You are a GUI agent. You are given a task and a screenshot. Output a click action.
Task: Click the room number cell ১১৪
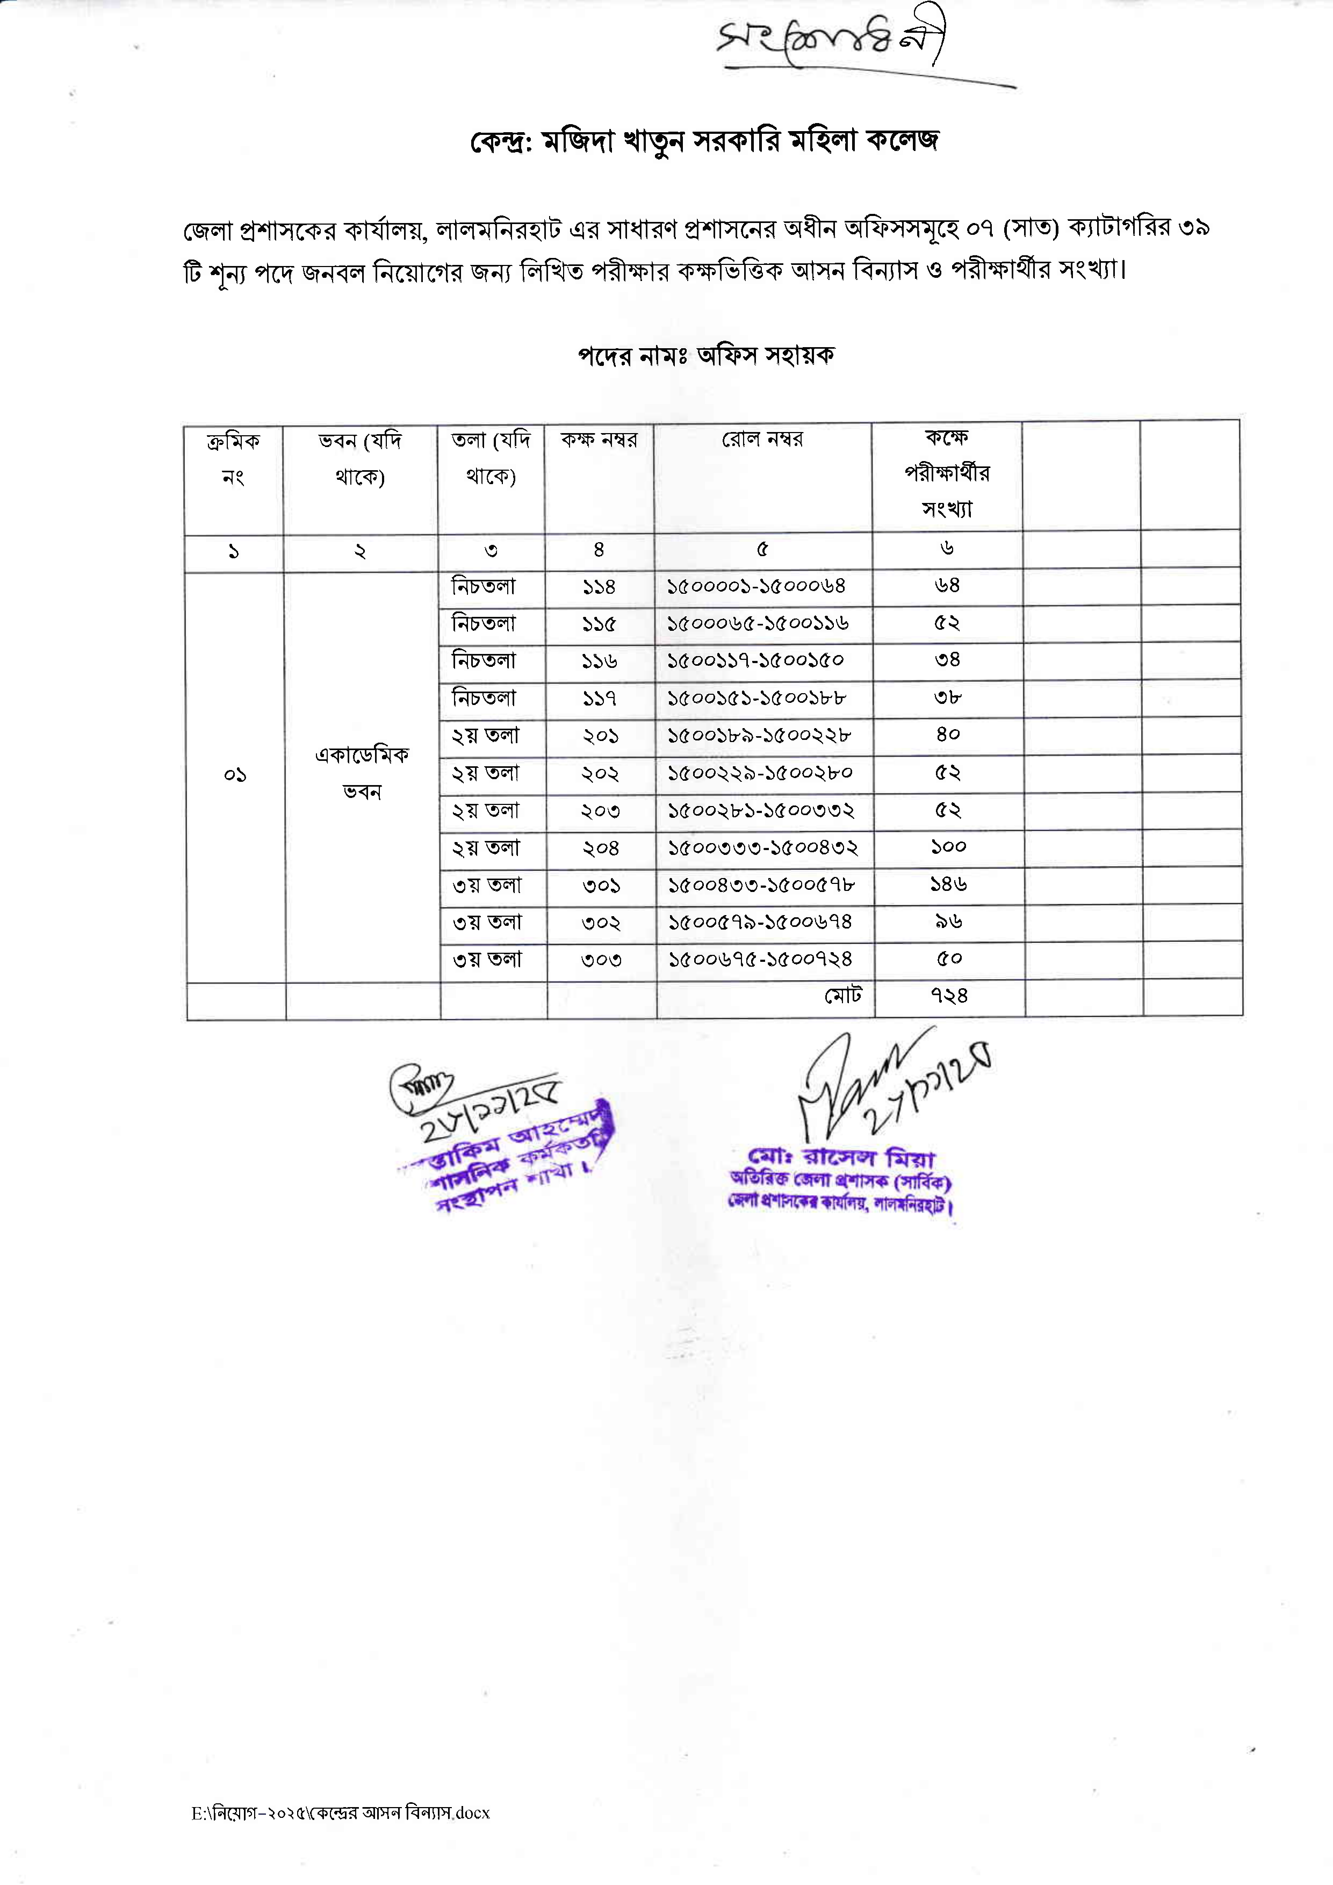pos(599,587)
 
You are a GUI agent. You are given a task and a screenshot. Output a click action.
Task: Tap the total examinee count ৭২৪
pos(949,996)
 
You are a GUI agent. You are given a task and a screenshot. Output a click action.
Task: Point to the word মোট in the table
pos(843,996)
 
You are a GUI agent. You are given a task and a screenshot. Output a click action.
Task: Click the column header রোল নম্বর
pos(762,440)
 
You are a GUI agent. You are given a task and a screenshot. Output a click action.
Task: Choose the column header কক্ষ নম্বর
pos(599,440)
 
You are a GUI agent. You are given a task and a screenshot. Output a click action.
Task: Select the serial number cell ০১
pos(235,775)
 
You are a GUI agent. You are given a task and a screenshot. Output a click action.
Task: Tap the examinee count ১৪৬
pos(948,884)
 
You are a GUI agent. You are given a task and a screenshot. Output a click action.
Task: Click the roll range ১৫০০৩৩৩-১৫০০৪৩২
pos(762,847)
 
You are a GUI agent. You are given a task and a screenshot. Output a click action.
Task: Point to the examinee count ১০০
pos(948,846)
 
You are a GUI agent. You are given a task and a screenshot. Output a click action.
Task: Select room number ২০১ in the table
pos(600,736)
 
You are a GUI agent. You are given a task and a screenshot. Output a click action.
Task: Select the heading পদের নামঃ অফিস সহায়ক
pos(706,356)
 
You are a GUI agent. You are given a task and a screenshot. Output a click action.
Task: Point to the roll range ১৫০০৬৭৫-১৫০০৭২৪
pos(760,959)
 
